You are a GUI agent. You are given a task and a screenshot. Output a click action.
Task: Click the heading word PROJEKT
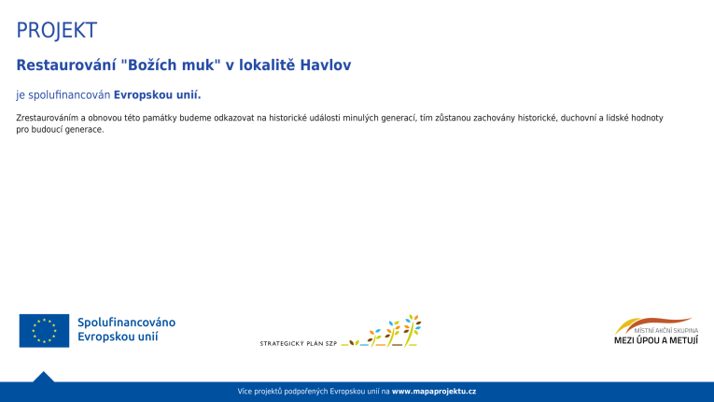pos(56,31)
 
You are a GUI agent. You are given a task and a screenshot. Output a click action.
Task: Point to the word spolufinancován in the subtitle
pos(69,94)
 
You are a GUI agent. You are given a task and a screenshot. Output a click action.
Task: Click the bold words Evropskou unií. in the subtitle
pos(157,94)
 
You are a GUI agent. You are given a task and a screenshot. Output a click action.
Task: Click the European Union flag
pos(44,330)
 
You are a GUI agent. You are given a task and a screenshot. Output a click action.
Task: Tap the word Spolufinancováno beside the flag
pos(126,323)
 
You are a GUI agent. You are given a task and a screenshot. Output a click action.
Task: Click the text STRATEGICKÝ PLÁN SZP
pos(298,343)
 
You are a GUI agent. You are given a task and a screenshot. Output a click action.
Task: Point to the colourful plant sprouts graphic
pos(392,332)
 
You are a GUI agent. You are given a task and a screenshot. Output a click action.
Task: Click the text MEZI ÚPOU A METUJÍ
pos(655,340)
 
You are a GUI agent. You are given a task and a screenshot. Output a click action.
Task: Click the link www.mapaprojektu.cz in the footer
pos(434,391)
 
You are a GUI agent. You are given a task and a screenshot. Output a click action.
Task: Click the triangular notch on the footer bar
pos(43,377)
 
